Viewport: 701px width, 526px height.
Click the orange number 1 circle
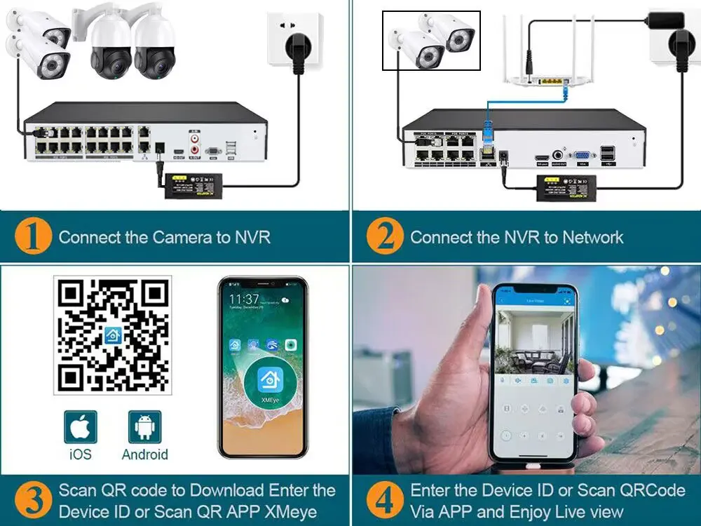coord(33,237)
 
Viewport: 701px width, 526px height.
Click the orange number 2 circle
coord(385,237)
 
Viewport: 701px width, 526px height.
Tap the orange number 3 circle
coord(33,500)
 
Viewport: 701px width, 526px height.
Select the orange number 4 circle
coord(385,500)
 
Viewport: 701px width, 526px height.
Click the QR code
coord(113,335)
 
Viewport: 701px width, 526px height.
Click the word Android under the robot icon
coord(144,454)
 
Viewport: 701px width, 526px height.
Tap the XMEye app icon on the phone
coord(269,382)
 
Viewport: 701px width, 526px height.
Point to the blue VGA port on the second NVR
coord(581,157)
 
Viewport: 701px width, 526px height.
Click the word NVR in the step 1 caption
coord(252,237)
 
